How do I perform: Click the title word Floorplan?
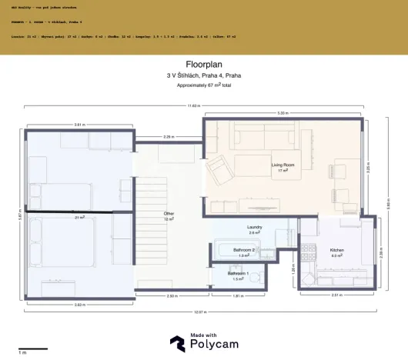click(203, 65)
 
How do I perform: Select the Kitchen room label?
click(337, 251)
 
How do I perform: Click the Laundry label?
click(255, 228)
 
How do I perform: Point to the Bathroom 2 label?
click(244, 250)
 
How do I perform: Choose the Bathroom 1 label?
click(238, 274)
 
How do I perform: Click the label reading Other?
click(169, 213)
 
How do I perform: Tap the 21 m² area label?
click(79, 218)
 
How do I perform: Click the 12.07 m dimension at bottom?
click(202, 312)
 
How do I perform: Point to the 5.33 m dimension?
click(283, 113)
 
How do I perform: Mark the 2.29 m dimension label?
click(169, 137)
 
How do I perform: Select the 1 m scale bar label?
click(23, 352)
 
